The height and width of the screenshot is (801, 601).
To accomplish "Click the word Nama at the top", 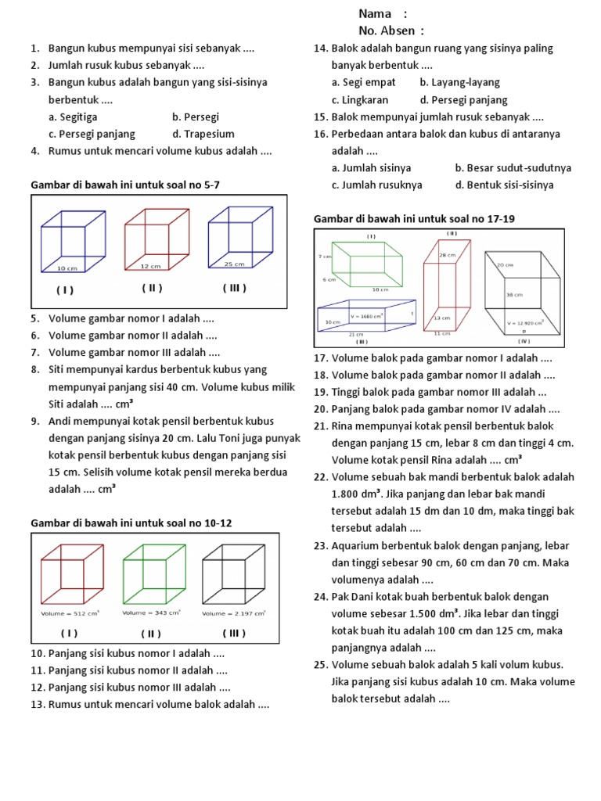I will (x=372, y=13).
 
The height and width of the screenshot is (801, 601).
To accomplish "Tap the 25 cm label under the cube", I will (x=234, y=264).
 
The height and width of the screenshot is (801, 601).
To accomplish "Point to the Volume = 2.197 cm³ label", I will (x=234, y=614).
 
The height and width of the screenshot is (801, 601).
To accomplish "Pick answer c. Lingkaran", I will (x=360, y=99).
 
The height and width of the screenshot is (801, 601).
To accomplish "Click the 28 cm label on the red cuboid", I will (x=447, y=255).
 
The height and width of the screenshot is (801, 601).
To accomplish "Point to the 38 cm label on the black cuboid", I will (x=514, y=295).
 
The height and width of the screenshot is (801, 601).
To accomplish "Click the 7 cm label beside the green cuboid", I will (x=325, y=257).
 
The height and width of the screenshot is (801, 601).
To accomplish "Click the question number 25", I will (x=320, y=665).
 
